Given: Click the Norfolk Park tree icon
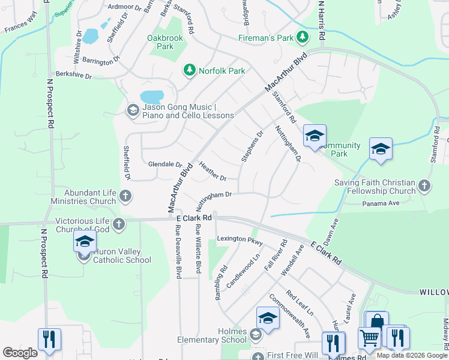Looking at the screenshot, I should [x=190, y=71].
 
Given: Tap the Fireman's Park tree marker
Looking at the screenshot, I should [x=303, y=38].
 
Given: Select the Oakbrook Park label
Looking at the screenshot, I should [x=164, y=42].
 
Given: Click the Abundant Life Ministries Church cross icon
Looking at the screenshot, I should [x=125, y=196].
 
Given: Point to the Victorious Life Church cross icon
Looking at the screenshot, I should [x=119, y=224].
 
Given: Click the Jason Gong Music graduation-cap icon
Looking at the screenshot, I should [x=133, y=110].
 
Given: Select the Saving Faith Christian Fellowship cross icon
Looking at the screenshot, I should [x=424, y=186].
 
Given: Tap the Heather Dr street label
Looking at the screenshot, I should [x=212, y=173].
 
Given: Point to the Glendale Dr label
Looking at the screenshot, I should [x=165, y=164].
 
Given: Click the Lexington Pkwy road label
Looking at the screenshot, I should [x=240, y=239].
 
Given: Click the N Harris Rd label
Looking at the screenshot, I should [x=321, y=21].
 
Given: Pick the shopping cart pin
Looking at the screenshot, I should [x=370, y=337].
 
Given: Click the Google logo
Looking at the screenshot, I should [x=20, y=353].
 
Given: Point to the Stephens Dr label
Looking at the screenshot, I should [x=252, y=146].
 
